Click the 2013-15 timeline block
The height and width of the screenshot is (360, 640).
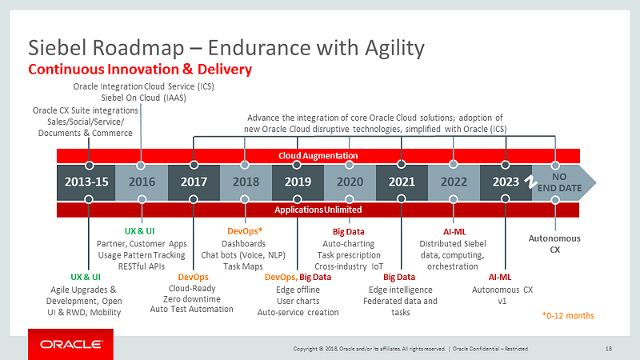pos(86,182)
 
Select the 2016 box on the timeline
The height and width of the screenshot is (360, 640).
pos(141,182)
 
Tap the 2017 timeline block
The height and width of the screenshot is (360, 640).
pos(194,182)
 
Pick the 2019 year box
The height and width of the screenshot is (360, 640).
pos(298,182)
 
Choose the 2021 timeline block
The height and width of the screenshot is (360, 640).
pos(402,182)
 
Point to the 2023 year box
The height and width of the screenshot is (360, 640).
pos(506,182)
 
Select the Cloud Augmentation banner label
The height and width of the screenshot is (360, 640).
pos(318,155)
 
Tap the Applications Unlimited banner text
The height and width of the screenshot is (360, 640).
pos(318,210)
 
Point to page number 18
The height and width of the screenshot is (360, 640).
pos(609,348)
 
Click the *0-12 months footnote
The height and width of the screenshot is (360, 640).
pos(568,315)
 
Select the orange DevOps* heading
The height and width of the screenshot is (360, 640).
pos(244,231)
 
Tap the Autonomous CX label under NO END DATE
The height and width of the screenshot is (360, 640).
pos(555,243)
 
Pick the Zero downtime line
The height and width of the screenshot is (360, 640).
pos(191,298)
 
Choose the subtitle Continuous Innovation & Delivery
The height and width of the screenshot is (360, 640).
pos(140,70)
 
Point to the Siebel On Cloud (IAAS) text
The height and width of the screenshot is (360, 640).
pos(144,98)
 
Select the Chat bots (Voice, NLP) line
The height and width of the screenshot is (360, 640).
pos(243,254)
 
